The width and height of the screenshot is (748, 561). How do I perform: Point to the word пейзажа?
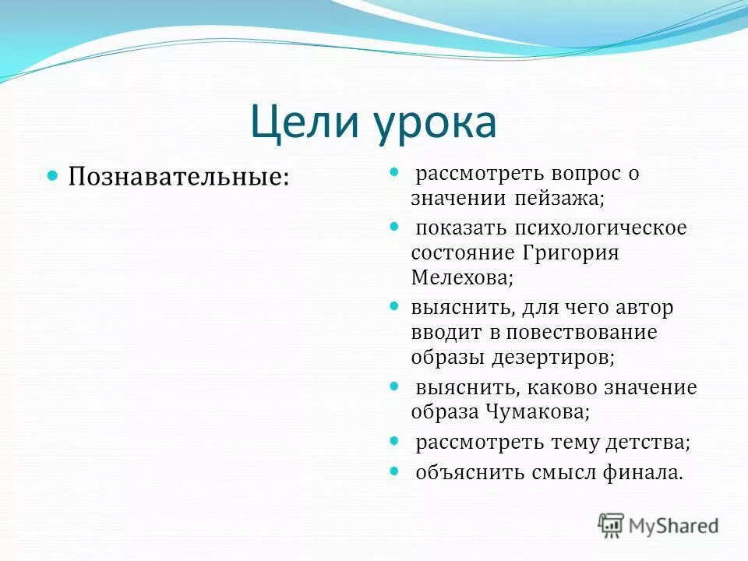click(x=559, y=198)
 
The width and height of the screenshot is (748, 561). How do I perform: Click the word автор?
click(x=642, y=307)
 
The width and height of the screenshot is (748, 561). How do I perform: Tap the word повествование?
click(x=581, y=332)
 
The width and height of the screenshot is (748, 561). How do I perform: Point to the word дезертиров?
click(x=552, y=357)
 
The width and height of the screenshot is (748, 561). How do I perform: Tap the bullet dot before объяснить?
click(x=394, y=470)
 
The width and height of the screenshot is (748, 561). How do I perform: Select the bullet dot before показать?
click(x=394, y=226)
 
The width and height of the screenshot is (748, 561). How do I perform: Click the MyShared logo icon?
click(x=612, y=526)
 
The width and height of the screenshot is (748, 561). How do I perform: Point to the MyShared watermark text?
click(x=674, y=527)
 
